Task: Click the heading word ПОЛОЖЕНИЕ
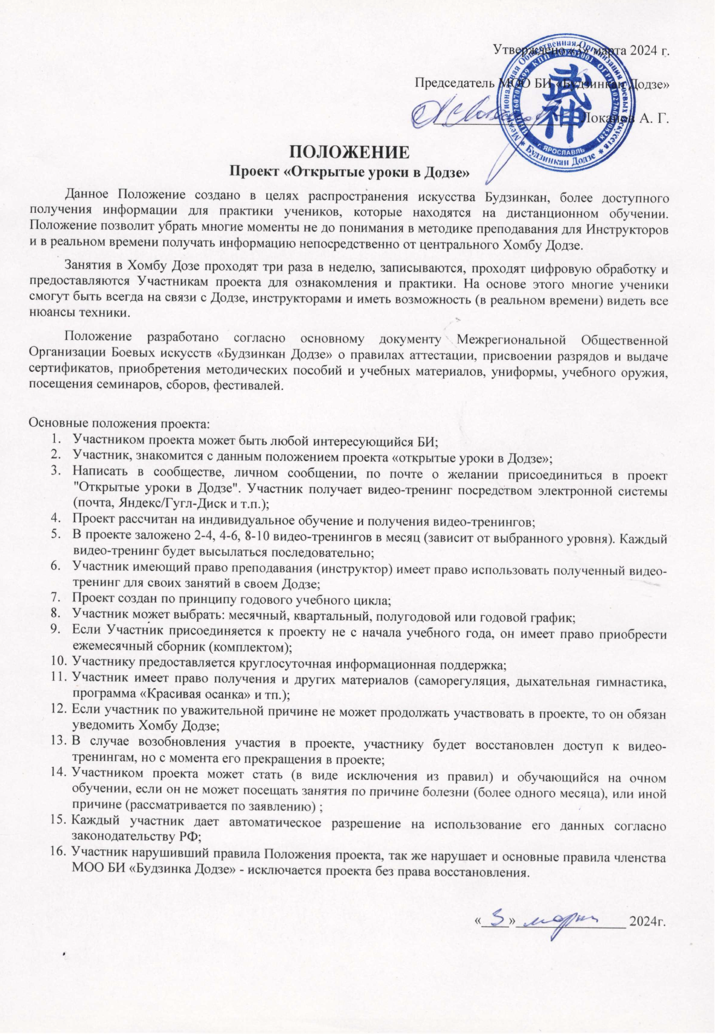pyautogui.click(x=349, y=152)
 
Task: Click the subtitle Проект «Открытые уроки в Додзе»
pyautogui.click(x=349, y=172)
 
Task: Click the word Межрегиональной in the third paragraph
pyautogui.click(x=511, y=340)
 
